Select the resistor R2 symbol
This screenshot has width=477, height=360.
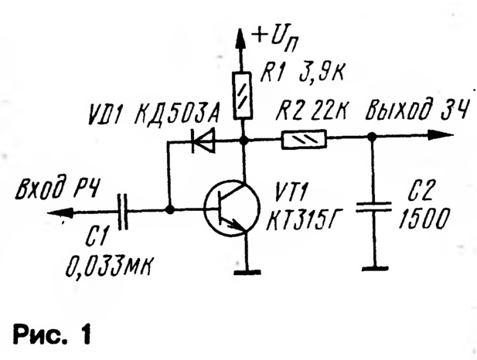point(304,140)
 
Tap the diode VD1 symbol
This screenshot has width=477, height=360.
point(204,141)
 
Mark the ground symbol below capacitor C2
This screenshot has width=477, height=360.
point(372,268)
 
